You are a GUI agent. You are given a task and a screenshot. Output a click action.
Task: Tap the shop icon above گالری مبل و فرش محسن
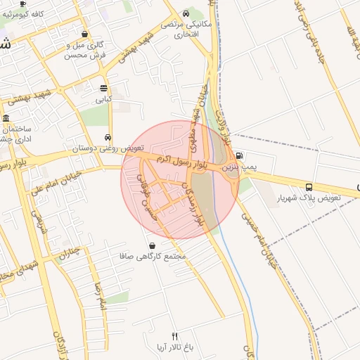pos(85,34)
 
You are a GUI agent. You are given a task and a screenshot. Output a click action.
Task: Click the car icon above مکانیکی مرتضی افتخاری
pos(185,13)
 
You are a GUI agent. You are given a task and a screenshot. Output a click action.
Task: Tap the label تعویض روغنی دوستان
pos(108,149)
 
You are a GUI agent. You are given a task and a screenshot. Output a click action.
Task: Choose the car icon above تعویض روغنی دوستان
pos(108,137)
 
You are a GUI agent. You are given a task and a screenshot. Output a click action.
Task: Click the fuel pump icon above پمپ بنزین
pos(240,156)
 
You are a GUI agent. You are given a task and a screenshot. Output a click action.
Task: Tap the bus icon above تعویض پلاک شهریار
pos(309,186)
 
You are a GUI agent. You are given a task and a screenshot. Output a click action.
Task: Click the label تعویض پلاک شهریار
pos(309,198)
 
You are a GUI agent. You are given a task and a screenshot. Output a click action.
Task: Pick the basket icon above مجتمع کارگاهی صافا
pos(153,245)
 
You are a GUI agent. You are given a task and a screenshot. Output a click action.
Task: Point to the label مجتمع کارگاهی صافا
pos(153,257)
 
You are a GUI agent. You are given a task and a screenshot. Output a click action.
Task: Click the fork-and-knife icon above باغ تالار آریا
pos(175,336)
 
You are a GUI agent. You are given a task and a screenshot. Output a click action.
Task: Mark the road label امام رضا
pos(101,294)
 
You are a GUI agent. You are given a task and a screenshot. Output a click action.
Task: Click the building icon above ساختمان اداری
pos(6,118)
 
